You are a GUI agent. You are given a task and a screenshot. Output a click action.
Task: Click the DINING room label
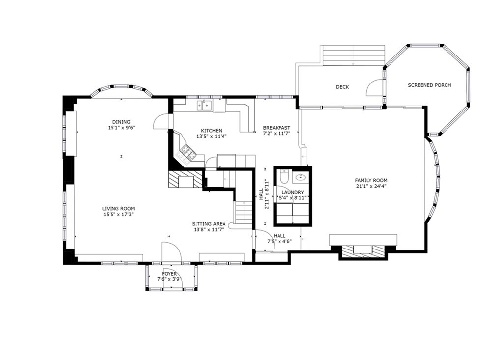tap(121, 122)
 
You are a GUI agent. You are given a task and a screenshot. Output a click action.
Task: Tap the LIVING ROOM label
tap(118, 208)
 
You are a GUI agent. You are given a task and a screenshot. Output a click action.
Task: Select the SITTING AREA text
tap(208, 223)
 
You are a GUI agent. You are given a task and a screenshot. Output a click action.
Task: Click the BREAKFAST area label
tap(277, 128)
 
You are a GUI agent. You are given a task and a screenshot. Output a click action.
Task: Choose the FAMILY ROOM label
tap(371, 180)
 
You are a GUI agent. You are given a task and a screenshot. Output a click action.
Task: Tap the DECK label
tap(342, 87)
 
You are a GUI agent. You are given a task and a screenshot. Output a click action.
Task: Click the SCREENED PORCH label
tap(429, 85)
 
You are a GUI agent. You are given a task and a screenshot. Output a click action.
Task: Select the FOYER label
tap(169, 274)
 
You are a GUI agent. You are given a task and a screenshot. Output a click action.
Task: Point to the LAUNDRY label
tap(293, 192)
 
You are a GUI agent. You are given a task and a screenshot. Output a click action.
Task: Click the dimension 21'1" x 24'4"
tap(371, 186)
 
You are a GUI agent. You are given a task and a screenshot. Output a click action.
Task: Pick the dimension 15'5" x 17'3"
tap(118, 214)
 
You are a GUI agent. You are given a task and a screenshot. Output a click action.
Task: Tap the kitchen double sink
tap(205, 105)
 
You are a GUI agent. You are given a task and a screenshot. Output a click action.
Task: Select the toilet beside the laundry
tap(283, 176)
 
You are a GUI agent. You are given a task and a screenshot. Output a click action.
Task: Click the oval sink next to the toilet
tap(300, 177)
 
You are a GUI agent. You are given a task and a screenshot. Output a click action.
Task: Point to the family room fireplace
tap(363, 251)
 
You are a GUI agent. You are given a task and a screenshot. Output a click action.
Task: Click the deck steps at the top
tap(353, 55)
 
